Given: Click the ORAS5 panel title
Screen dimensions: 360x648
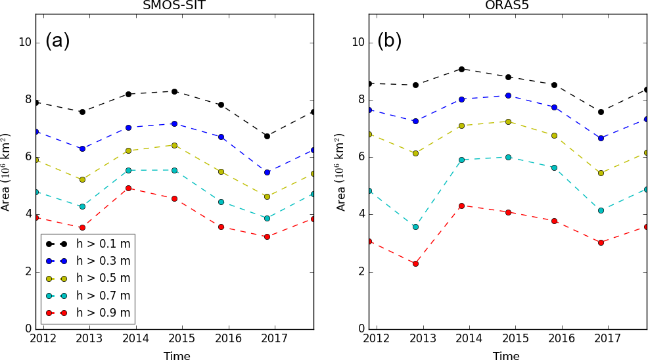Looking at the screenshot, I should click(x=506, y=5).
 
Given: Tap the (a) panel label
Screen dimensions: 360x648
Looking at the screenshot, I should click(x=57, y=41).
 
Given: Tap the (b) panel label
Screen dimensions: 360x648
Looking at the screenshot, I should click(x=389, y=41).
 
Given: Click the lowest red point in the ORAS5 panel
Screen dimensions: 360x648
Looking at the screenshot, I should click(x=415, y=263).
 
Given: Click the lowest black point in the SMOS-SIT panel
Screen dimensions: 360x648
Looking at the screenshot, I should click(x=267, y=136).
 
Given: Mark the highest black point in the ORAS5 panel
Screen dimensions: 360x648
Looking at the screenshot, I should click(x=462, y=69).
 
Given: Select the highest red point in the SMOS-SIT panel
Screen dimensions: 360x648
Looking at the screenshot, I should click(x=128, y=188).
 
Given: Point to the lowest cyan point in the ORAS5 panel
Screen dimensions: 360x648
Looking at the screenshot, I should click(x=415, y=227).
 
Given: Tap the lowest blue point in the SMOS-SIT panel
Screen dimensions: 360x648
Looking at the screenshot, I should click(x=267, y=172).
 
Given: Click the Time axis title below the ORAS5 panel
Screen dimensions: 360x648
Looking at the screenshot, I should click(x=506, y=356).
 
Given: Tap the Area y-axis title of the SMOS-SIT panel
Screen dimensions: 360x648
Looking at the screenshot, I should click(x=6, y=172).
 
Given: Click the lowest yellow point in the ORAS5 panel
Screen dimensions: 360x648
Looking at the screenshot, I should click(x=601, y=173).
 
